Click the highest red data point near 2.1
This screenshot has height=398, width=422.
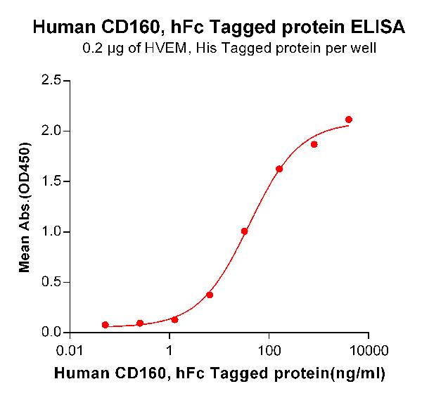tap(349, 120)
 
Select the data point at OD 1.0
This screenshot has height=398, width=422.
tap(245, 231)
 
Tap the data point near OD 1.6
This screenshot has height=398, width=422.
tap(279, 169)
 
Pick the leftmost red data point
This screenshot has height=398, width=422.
tap(105, 325)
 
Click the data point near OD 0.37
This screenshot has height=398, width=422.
tap(210, 295)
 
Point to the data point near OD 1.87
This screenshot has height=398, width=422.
tap(314, 144)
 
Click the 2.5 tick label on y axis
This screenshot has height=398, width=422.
tap(51, 80)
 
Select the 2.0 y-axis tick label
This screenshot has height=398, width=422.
tap(51, 131)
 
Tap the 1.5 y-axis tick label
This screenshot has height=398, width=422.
tap(51, 181)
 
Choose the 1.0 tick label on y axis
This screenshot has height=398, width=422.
tap(51, 232)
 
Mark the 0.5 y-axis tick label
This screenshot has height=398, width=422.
tap(51, 282)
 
